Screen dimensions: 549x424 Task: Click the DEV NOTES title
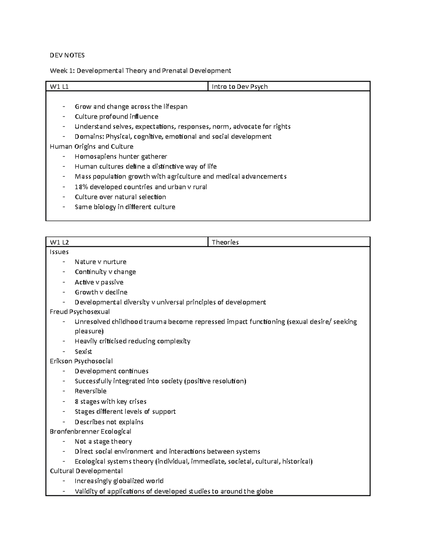coord(67,55)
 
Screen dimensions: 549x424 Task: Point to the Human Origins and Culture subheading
coord(92,146)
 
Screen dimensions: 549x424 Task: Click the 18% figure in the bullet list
coord(82,187)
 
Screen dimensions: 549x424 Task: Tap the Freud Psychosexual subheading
coord(80,311)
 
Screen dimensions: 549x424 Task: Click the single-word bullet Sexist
coord(83,351)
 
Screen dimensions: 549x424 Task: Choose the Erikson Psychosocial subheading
coord(81,361)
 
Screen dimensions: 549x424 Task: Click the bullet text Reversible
coord(90,391)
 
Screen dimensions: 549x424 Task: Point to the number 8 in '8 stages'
coord(77,401)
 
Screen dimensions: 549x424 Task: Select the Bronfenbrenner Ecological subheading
coord(90,431)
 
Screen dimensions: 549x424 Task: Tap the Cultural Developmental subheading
coord(86,471)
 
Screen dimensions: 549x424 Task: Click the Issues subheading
coord(59,252)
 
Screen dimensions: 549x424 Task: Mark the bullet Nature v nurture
coord(100,262)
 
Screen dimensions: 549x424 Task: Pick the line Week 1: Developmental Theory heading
coord(140,70)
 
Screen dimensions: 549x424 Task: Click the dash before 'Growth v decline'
coord(64,292)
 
